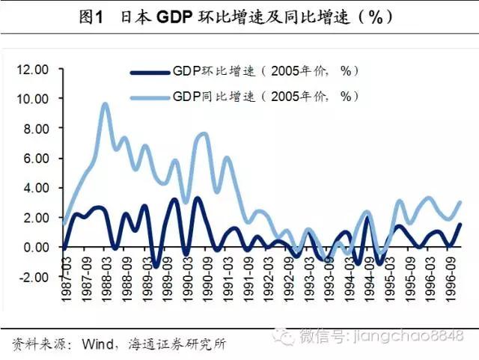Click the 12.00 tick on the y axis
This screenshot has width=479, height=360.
point(33,69)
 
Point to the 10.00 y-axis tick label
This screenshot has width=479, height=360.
point(33,99)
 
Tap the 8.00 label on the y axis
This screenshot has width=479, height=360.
point(35,129)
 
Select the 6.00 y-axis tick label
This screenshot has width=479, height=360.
point(35,159)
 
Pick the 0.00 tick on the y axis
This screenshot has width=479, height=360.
point(35,247)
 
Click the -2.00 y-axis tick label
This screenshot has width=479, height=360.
point(34,276)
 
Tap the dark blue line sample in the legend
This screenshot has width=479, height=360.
point(149,72)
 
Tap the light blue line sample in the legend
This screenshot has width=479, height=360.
point(149,97)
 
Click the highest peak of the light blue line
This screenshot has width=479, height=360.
point(105,104)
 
